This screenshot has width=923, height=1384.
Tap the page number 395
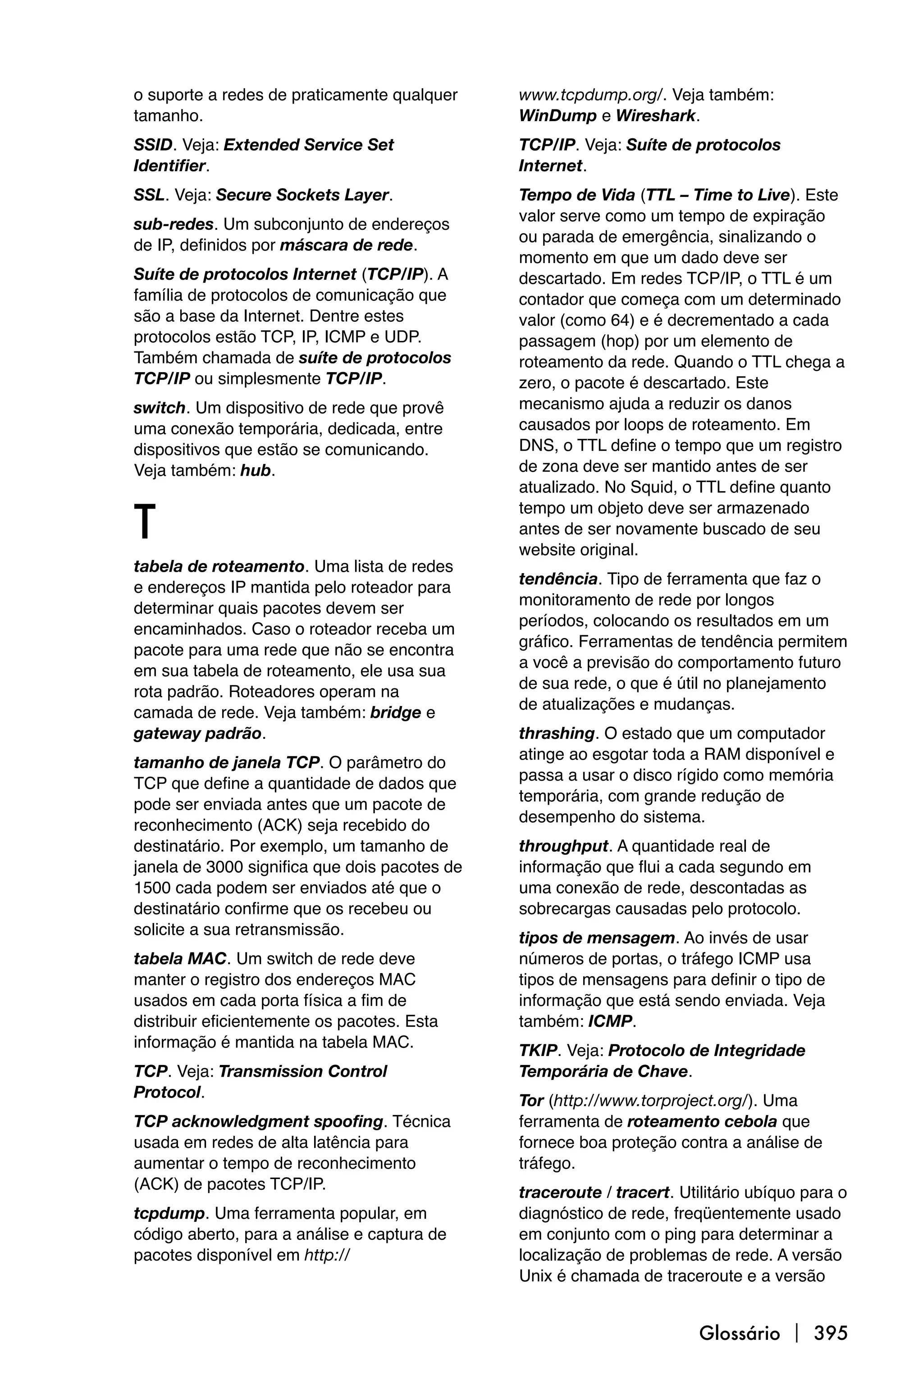point(831,1333)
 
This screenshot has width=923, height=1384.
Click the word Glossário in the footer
point(739,1333)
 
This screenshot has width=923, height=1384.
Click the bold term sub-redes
point(173,224)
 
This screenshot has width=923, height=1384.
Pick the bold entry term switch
point(159,408)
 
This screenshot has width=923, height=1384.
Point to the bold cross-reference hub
point(256,471)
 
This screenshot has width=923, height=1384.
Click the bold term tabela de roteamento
point(219,567)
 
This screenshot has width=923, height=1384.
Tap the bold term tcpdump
point(169,1213)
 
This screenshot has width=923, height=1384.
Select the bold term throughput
point(563,846)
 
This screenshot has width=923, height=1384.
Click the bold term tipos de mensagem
point(596,938)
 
